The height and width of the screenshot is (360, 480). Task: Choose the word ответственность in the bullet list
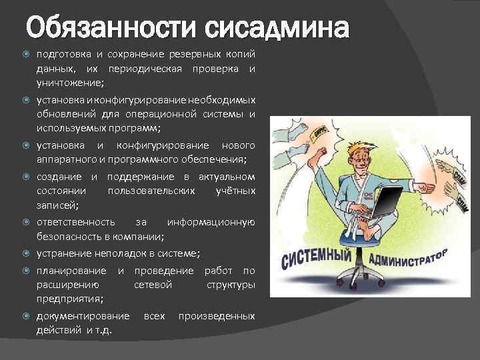click(75, 222)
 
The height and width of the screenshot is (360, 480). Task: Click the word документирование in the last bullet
click(83, 315)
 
